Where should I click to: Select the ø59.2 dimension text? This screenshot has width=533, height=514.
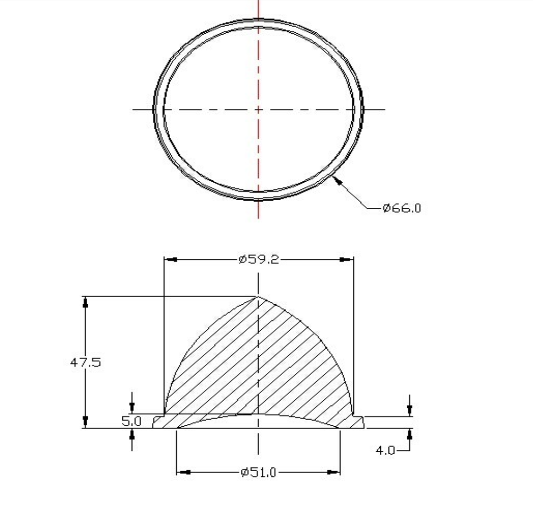click(x=259, y=260)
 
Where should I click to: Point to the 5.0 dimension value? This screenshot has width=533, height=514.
click(x=131, y=421)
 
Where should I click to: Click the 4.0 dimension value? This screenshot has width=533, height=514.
click(x=386, y=450)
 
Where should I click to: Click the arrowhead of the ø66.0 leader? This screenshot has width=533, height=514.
click(x=336, y=179)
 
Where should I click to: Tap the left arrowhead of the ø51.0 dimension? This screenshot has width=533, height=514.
click(x=183, y=472)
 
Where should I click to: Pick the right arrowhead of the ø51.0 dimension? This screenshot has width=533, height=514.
click(x=333, y=472)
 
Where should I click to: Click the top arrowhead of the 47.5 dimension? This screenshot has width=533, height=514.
click(x=86, y=302)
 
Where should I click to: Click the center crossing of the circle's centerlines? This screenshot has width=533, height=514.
click(x=259, y=109)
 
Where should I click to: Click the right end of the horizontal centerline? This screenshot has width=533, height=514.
click(x=385, y=109)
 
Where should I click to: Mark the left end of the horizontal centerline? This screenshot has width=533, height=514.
click(x=133, y=109)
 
